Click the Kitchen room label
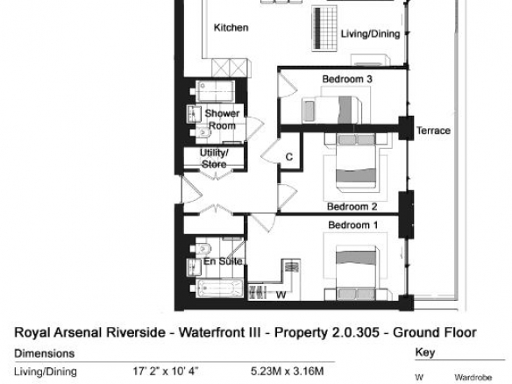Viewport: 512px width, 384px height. click(x=231, y=28)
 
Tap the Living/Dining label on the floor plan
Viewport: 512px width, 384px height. click(x=370, y=34)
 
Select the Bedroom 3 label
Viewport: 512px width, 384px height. click(x=347, y=79)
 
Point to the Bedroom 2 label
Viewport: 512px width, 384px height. click(x=352, y=207)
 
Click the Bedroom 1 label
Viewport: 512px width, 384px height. click(x=353, y=225)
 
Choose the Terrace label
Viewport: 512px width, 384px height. click(x=433, y=131)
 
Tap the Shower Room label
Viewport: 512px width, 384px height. click(x=222, y=119)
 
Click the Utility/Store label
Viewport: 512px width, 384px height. click(x=214, y=159)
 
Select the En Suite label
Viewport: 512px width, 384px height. click(x=223, y=261)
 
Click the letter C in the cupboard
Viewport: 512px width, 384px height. click(x=289, y=157)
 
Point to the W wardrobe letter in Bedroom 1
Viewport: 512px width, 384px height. click(x=281, y=295)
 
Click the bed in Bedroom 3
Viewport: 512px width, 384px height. click(x=332, y=110)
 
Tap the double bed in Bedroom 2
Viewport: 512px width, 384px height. click(x=356, y=162)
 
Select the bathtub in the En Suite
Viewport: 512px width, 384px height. click(x=220, y=288)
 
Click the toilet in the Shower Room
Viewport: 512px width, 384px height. click(x=203, y=133)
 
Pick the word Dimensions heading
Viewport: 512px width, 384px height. click(x=45, y=353)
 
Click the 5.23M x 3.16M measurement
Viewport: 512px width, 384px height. click(x=288, y=371)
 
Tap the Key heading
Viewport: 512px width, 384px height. click(x=425, y=352)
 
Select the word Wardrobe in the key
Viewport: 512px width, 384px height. click(x=473, y=378)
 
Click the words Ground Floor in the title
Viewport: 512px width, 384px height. click(x=435, y=332)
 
